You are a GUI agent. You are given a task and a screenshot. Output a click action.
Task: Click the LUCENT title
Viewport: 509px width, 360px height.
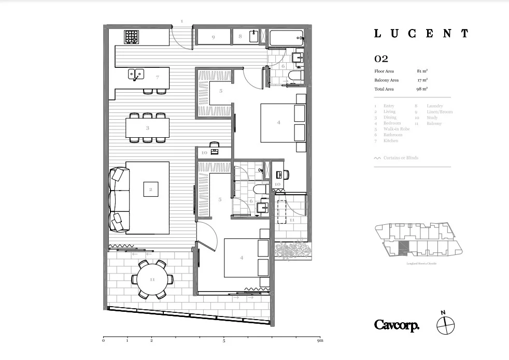421,34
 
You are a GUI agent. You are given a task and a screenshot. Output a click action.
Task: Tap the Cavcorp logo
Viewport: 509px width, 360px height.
397,325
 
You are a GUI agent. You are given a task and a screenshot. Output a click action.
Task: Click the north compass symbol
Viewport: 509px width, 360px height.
445,325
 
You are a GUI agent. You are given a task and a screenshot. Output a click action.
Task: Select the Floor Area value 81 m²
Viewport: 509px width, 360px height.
422,71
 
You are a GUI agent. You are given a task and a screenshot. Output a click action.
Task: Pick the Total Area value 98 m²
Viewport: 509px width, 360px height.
422,89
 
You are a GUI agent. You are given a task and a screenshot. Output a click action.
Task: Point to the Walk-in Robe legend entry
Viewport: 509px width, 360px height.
397,129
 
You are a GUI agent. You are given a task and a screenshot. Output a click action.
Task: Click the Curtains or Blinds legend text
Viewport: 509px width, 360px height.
401,158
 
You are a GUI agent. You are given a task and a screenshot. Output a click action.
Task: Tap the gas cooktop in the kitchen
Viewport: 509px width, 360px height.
132,37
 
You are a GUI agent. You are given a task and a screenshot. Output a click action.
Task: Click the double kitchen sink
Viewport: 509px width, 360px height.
136,74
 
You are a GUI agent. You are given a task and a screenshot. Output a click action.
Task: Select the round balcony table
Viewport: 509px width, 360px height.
152,279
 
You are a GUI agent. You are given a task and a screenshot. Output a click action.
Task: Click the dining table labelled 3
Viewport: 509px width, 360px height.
147,127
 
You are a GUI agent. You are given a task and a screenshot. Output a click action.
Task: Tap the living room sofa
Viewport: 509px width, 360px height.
120,199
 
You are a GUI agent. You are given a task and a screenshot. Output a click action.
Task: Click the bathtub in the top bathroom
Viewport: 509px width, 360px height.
286,37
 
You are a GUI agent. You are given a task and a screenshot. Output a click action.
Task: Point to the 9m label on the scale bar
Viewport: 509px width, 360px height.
320,341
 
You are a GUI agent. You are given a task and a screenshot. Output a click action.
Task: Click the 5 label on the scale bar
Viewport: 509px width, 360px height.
224,341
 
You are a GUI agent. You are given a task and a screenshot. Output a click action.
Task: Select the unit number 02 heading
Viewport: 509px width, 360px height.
381,59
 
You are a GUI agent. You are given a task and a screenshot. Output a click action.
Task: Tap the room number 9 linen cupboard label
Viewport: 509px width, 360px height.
213,37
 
